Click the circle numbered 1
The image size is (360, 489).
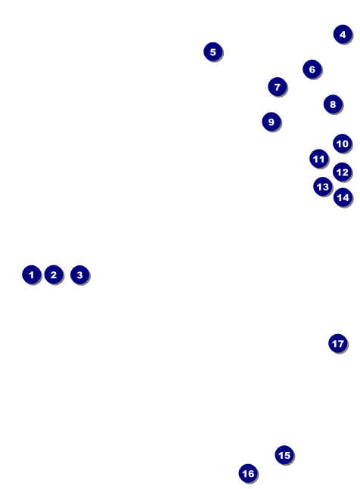click(31, 274)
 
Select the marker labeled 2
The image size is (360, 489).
click(53, 274)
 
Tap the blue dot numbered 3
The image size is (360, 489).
click(79, 274)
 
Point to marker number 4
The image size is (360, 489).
click(343, 34)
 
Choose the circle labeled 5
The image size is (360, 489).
click(213, 51)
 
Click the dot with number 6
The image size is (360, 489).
click(312, 69)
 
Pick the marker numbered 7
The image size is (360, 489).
click(277, 87)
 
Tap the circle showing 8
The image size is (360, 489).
click(333, 104)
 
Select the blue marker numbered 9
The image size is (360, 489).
click(271, 122)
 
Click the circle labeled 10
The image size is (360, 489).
click(343, 144)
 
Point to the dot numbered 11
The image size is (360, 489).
click(319, 159)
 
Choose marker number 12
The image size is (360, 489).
click(343, 172)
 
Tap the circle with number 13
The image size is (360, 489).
click(323, 187)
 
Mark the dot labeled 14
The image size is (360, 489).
click(343, 197)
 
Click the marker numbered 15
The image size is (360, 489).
click(284, 455)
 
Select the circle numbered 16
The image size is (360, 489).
click(248, 473)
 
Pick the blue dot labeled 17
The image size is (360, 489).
click(337, 343)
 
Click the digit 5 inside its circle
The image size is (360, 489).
click(213, 51)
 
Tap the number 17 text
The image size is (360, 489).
click(337, 343)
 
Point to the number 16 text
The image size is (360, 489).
click(248, 473)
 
